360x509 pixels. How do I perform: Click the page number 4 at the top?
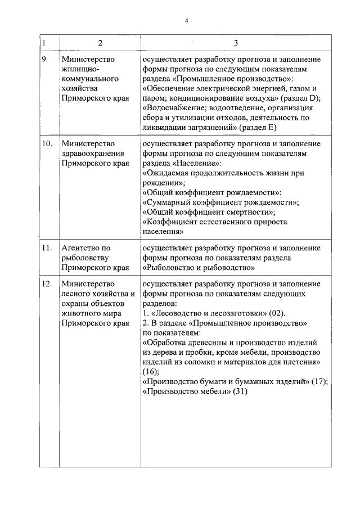pyautogui.click(x=186, y=21)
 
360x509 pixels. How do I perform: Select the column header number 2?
pyautogui.click(x=100, y=43)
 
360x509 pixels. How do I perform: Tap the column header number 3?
pyautogui.click(x=236, y=43)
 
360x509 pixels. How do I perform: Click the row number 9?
pyautogui.click(x=45, y=59)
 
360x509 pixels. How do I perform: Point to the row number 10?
pyautogui.click(x=47, y=144)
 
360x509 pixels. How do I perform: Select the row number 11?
pyautogui.click(x=47, y=247)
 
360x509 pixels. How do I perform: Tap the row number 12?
pyautogui.click(x=47, y=283)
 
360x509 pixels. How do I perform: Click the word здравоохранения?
pyautogui.click(x=92, y=154)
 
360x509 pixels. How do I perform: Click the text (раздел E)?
pyautogui.click(x=258, y=129)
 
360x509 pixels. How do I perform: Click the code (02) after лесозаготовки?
pyautogui.click(x=277, y=313)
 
